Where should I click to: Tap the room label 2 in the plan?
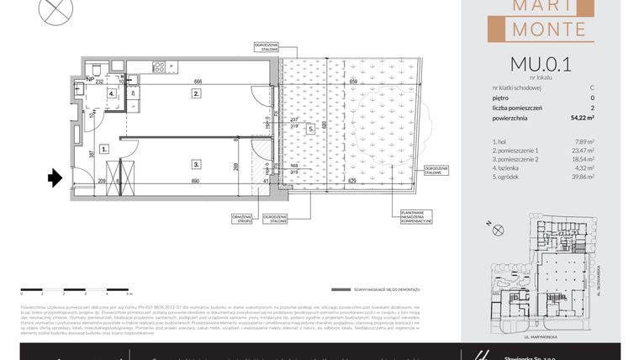(195, 94)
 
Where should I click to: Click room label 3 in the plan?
(195, 165)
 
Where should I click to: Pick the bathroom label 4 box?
(112, 93)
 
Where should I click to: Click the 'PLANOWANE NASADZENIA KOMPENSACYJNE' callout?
(415, 217)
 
